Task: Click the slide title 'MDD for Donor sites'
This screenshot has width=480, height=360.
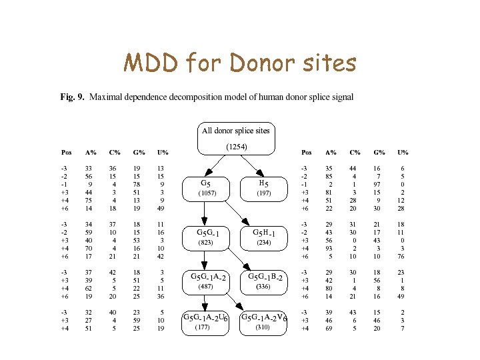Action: pos(239,64)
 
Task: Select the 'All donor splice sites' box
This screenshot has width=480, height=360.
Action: pos(236,131)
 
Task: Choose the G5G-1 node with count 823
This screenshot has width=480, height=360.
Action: pos(207,237)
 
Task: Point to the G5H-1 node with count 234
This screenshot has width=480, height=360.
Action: pos(268,237)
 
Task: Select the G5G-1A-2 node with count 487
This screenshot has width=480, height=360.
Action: pos(207,281)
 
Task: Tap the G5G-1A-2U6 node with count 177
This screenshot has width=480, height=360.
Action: pos(205,322)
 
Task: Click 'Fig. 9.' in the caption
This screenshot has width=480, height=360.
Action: pos(72,97)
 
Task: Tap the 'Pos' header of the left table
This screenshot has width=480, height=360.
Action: pos(67,152)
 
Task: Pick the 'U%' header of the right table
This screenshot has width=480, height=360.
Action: pos(403,152)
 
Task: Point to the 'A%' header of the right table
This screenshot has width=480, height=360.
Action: pos(330,152)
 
